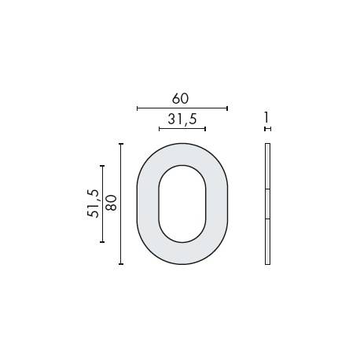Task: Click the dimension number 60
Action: tap(181, 98)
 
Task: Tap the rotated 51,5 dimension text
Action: tap(93, 204)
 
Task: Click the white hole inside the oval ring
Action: tap(182, 204)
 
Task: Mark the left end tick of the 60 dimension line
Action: tap(138, 108)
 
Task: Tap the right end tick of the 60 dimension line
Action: tap(227, 108)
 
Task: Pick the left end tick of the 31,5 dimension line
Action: tap(159, 127)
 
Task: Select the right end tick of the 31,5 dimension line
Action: tap(205, 127)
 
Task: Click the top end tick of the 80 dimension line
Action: tap(121, 144)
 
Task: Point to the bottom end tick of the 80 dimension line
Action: tap(121, 264)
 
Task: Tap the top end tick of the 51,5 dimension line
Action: tap(102, 166)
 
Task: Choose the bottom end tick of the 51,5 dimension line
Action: tap(102, 242)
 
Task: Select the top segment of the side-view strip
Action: tap(267, 167)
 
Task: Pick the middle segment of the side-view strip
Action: tap(267, 204)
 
